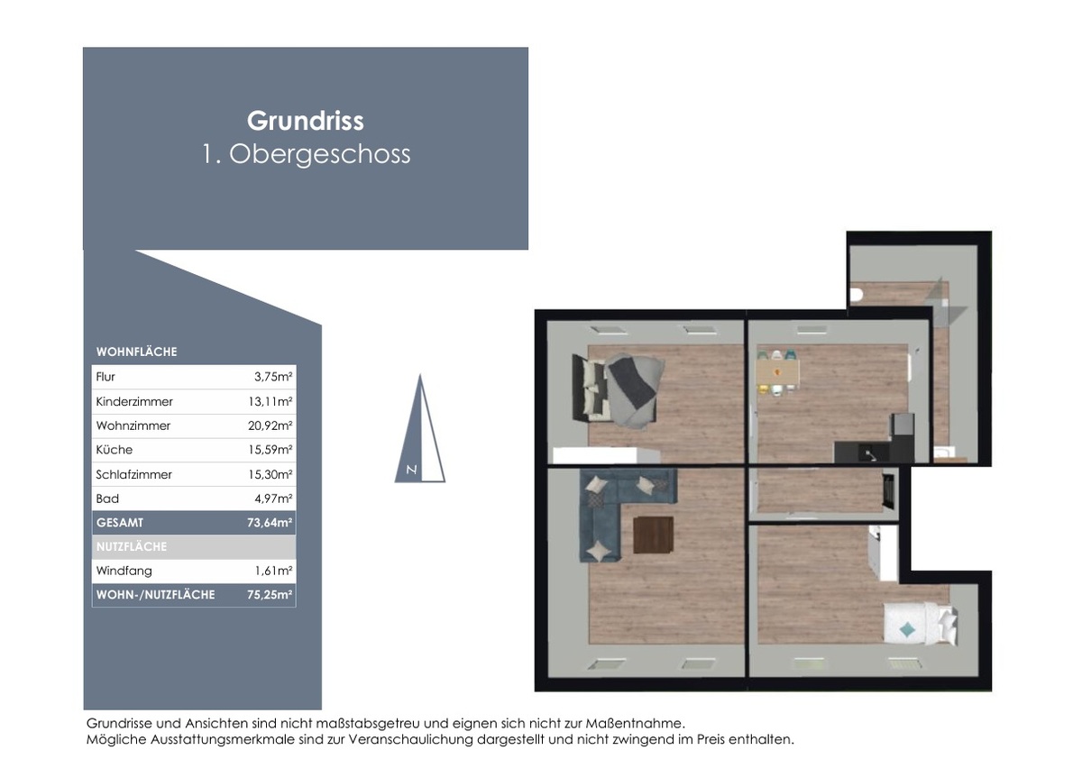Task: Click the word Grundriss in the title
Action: [x=306, y=121]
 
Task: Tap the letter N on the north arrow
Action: [x=411, y=470]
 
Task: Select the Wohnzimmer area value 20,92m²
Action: [x=270, y=425]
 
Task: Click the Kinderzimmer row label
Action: [x=134, y=402]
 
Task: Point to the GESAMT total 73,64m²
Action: [x=270, y=523]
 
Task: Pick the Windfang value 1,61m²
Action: [x=273, y=571]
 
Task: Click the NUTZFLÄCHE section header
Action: [x=132, y=546]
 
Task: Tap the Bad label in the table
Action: [x=107, y=498]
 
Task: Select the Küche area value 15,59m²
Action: [x=270, y=450]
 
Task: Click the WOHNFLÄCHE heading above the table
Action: [x=137, y=352]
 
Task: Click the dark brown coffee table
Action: [x=653, y=535]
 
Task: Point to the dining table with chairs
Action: [x=777, y=372]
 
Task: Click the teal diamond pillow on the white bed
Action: [x=908, y=629]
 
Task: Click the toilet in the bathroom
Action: [x=856, y=295]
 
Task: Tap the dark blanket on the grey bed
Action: [x=632, y=379]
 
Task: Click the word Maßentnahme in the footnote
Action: [x=635, y=723]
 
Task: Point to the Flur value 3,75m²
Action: [x=273, y=377]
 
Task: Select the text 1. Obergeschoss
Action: [x=307, y=154]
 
